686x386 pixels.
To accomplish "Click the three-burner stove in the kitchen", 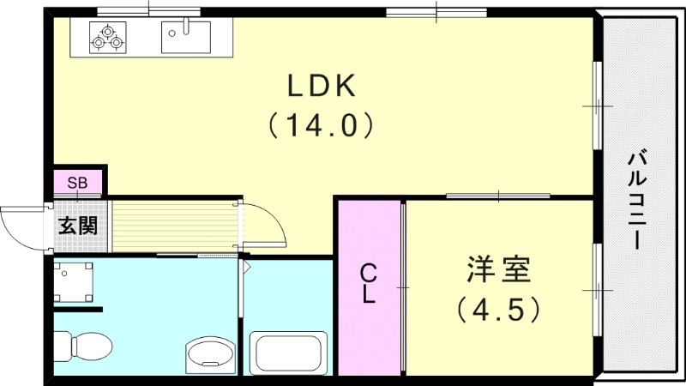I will [x=108, y=37].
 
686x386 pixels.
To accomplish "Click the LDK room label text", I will [x=321, y=86].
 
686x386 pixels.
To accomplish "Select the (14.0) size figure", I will [x=321, y=126].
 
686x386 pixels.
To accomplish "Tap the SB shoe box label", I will [x=77, y=183].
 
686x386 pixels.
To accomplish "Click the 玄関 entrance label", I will [x=77, y=226].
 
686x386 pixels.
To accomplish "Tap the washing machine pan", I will [x=75, y=281].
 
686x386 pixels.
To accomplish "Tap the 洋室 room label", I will [x=498, y=269].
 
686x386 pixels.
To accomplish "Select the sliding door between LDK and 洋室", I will [x=497, y=196].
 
